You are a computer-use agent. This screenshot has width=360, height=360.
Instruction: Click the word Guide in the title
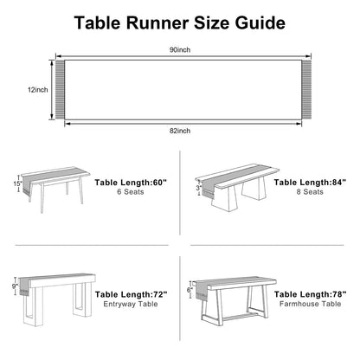point(260,22)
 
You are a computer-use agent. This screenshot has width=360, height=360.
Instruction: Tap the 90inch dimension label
point(180,50)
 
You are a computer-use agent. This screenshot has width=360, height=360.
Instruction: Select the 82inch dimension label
point(180,131)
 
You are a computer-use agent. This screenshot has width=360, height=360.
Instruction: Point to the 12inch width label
point(38,90)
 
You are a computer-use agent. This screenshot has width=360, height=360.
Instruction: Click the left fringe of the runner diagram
point(60,89)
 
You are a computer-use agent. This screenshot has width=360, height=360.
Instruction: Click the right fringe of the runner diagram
point(306,89)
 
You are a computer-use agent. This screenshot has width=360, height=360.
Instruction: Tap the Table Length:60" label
point(131,183)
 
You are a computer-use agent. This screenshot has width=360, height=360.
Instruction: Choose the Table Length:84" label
point(310,183)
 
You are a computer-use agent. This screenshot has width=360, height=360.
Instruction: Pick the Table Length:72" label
point(132,294)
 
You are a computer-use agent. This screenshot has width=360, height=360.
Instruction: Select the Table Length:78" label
point(311,294)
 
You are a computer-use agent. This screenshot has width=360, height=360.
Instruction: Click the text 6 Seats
point(131,192)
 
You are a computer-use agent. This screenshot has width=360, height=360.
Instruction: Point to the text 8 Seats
point(310,192)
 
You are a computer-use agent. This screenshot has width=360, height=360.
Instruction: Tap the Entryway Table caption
point(131,304)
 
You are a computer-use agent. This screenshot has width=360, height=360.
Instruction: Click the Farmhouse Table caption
point(311,304)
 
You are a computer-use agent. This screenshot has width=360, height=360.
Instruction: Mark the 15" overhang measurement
point(17,183)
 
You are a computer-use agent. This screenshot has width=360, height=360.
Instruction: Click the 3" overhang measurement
point(199,188)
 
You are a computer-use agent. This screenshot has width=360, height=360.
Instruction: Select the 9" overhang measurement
point(15,286)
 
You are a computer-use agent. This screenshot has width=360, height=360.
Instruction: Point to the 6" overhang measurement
point(190,290)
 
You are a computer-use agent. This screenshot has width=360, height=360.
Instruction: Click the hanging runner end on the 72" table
point(24,286)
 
